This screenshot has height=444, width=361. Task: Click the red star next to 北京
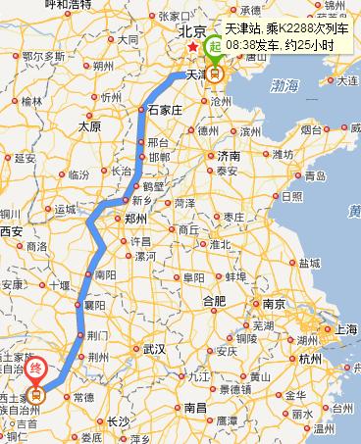tap(193, 47)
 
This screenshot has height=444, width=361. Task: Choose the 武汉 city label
tap(154, 348)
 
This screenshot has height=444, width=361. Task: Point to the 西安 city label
tap(11, 231)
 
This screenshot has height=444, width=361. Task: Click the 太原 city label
tap(89, 125)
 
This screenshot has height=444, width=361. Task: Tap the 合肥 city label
tap(213, 299)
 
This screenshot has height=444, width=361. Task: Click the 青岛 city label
tap(315, 176)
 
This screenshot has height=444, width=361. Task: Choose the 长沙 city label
tap(119, 421)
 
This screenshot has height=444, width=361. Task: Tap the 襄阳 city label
tap(94, 306)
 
